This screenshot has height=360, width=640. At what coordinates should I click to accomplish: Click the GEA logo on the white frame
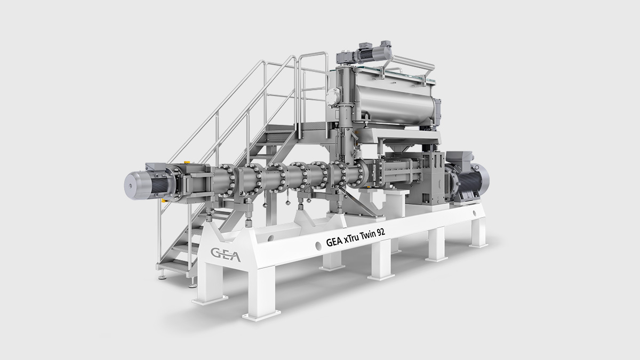point(226,255)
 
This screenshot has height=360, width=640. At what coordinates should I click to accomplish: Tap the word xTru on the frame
point(351,239)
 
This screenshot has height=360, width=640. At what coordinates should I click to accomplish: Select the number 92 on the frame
point(381,232)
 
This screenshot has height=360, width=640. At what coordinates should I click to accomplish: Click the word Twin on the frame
point(367,235)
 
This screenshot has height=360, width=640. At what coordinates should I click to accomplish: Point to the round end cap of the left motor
point(134,186)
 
